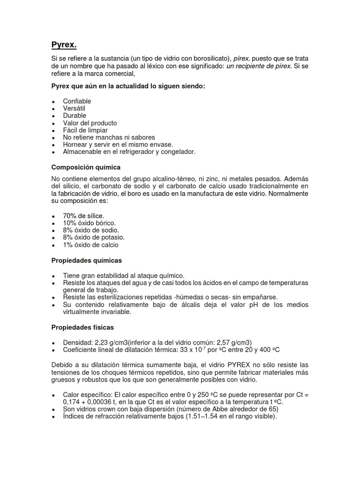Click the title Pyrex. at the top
click(63, 45)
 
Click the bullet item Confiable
click(77, 101)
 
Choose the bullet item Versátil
click(74, 108)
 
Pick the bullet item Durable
click(75, 116)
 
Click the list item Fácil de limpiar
click(85, 130)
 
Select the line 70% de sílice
click(83, 216)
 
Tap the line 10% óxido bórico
click(89, 223)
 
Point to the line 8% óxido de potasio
click(94, 238)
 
